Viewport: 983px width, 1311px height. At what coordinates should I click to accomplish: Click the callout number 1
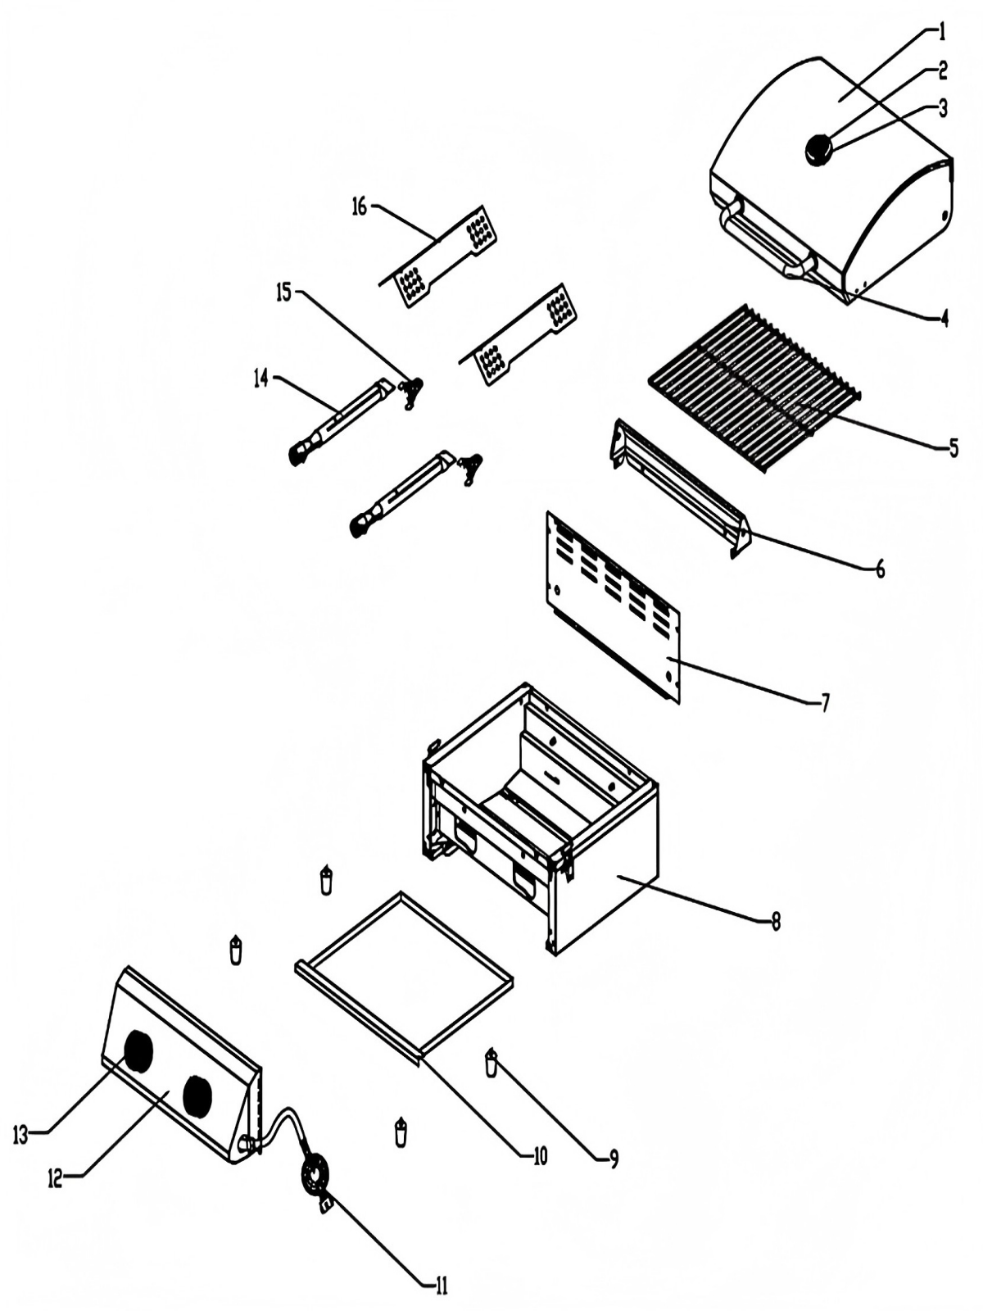click(x=941, y=33)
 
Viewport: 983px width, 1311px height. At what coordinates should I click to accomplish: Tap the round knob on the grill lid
click(x=818, y=149)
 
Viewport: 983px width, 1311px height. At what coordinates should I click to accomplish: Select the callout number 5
click(x=953, y=447)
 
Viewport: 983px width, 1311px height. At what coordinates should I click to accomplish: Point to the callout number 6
click(x=880, y=569)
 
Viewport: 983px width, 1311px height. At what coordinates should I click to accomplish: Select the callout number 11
click(x=441, y=1286)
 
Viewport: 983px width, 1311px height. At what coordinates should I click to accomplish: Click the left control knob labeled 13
click(x=138, y=1051)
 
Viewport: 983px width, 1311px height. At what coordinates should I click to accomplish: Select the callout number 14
click(x=260, y=380)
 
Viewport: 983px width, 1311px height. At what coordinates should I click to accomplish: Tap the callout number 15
click(x=283, y=293)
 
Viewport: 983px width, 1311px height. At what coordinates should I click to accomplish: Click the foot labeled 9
click(x=491, y=1064)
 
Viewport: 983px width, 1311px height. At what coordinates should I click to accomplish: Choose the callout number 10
click(x=539, y=1156)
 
